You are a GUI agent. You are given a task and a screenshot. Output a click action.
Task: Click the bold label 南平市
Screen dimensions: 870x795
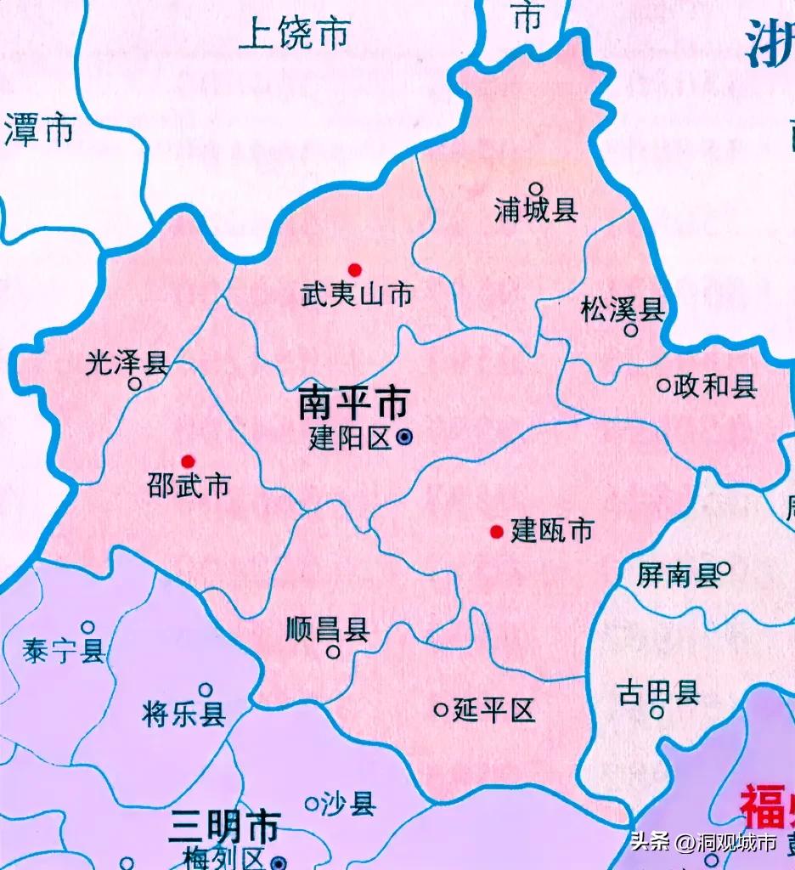[x=353, y=404]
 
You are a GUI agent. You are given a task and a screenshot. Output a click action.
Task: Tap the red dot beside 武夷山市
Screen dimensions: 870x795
[x=355, y=270]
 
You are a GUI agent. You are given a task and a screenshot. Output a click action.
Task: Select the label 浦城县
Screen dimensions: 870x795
[x=536, y=211]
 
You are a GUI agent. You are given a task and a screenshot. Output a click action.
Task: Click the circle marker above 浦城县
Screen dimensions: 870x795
[x=536, y=189]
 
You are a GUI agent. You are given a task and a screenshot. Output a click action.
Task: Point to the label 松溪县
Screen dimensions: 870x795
[x=623, y=310]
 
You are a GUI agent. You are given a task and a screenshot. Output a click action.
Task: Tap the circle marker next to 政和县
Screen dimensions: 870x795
[x=663, y=386]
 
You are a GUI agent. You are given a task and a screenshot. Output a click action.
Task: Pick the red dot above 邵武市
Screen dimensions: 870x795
[x=188, y=460]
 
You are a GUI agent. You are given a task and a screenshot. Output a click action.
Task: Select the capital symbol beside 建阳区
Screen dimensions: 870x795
[x=405, y=438]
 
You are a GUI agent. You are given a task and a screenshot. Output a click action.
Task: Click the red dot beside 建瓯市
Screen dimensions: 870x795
[x=496, y=532]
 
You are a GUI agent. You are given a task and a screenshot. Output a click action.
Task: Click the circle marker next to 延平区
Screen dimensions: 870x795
[x=441, y=709]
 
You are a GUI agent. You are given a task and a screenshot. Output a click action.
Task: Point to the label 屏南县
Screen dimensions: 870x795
[x=678, y=577]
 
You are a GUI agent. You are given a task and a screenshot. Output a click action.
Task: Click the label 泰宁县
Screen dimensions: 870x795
[x=65, y=651]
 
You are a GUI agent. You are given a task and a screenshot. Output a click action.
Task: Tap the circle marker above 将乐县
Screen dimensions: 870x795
[x=206, y=690]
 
